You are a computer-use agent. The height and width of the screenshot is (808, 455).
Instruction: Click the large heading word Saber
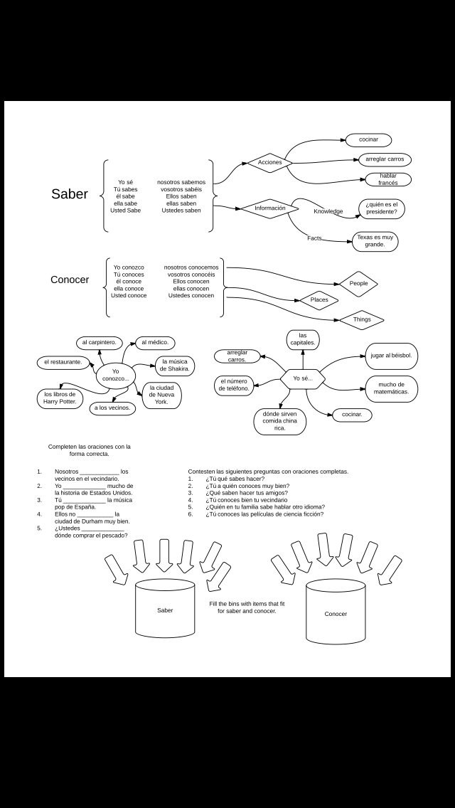click(70, 194)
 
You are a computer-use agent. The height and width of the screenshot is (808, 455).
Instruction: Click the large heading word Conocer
click(70, 280)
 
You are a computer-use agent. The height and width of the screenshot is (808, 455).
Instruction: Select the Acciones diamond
click(269, 163)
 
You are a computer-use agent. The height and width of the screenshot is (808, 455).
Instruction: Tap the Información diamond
click(269, 208)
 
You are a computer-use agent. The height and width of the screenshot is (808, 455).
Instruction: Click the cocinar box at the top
click(368, 140)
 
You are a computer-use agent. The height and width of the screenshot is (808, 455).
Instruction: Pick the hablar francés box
click(388, 179)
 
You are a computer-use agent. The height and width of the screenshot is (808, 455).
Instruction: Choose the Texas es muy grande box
click(375, 241)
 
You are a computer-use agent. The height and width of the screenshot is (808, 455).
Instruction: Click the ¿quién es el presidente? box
click(381, 208)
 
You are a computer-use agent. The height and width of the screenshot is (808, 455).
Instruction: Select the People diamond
click(358, 283)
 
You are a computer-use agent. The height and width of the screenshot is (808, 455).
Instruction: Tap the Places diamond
click(319, 300)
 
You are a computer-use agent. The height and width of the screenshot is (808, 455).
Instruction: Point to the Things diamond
click(362, 319)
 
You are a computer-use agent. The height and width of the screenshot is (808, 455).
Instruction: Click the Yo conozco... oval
click(115, 375)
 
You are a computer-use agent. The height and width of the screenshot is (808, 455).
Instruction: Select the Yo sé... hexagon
click(302, 378)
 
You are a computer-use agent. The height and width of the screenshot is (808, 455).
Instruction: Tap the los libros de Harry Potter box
click(60, 398)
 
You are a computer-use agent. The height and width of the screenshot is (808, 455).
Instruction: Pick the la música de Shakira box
click(174, 366)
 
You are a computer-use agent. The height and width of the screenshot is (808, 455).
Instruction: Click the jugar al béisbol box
click(391, 356)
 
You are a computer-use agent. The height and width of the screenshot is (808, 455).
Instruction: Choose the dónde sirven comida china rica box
click(279, 421)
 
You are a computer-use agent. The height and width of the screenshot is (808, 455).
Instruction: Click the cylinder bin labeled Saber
click(165, 609)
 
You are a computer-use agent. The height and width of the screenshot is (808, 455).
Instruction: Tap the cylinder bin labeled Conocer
click(336, 612)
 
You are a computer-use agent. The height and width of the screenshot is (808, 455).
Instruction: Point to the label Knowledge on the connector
click(328, 211)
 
